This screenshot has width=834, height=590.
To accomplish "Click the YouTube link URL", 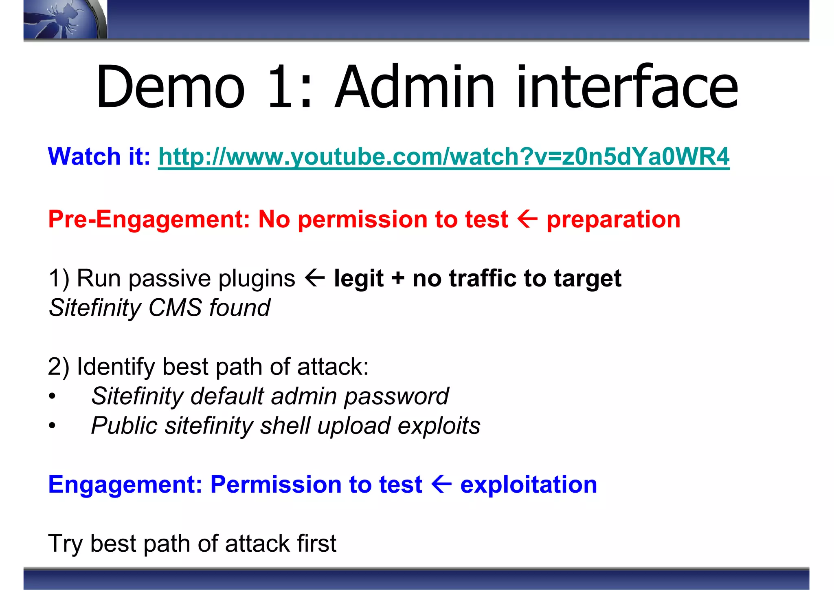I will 443,156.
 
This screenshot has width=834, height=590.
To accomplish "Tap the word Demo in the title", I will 170,88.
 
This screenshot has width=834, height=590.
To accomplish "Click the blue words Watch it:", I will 99,156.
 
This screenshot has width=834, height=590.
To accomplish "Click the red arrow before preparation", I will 527,219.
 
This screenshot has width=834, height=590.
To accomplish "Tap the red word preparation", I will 613,220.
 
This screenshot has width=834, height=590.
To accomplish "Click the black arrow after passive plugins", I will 314,278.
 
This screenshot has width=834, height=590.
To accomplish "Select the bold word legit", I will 358,279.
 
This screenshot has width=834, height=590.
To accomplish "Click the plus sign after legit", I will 397,279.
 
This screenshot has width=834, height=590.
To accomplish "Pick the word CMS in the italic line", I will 175,308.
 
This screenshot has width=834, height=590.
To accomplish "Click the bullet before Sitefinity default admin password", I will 52,396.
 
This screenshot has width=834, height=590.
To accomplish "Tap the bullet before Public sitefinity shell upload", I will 52,426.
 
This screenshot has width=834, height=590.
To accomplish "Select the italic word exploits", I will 439,426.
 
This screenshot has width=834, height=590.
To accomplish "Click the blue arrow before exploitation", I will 441,484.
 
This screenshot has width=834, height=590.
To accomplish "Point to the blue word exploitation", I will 528,485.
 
